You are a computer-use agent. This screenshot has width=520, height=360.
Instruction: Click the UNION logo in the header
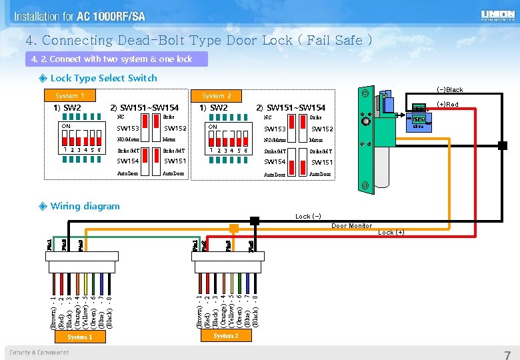coord(497,15)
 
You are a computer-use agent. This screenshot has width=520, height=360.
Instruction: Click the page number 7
coord(507,353)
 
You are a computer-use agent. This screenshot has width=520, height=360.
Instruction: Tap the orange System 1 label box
coord(70,96)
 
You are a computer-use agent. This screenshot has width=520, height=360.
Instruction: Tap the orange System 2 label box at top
coord(217,96)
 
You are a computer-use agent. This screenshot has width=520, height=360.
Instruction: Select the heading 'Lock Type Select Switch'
coord(103,78)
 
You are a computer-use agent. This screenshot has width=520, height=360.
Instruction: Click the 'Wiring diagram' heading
coord(85,206)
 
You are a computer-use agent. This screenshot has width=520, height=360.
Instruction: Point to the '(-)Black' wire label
coord(449,90)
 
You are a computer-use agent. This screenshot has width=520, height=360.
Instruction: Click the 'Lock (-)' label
coord(308,216)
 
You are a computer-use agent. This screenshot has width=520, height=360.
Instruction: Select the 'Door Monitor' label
coord(351,226)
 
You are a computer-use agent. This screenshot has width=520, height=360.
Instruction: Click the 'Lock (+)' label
coord(391,233)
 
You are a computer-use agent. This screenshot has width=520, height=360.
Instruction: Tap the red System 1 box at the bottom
coord(79,337)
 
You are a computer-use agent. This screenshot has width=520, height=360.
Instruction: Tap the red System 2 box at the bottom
coord(225,336)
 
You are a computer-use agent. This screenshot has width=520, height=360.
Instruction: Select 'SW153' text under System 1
coord(128,129)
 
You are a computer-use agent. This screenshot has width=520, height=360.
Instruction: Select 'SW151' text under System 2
coord(322,162)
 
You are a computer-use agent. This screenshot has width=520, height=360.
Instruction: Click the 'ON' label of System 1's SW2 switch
coord(66,126)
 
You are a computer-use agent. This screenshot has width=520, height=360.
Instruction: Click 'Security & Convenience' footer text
coord(39,352)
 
